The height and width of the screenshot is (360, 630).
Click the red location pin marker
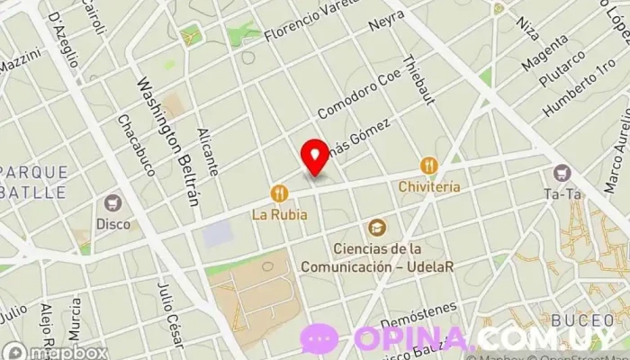point(314,157)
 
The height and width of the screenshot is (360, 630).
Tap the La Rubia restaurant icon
point(280,193)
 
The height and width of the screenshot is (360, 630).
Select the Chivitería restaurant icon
point(428,166)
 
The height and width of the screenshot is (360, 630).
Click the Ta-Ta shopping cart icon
point(563,172)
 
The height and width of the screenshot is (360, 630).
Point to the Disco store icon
point(113,202)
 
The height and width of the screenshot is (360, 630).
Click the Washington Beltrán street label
point(166,140)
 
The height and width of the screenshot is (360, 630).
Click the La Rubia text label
point(279,215)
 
